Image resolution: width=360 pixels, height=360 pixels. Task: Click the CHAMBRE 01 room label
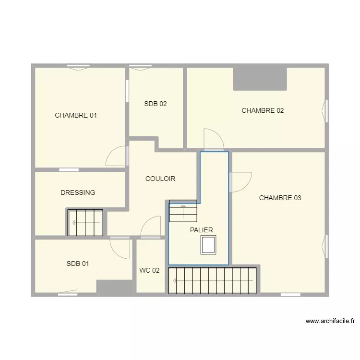(76, 115)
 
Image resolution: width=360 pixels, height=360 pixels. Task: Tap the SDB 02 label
(156, 104)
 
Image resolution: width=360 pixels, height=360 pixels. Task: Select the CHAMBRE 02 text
(263, 110)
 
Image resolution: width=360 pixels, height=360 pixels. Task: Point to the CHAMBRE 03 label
(280, 198)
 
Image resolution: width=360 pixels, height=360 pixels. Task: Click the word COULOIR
(160, 179)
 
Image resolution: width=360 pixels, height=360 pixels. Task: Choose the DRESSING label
(78, 192)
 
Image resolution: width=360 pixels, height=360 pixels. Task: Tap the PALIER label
(201, 230)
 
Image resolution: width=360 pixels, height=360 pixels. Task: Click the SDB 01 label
(78, 264)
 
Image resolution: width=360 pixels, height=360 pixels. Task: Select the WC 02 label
(149, 270)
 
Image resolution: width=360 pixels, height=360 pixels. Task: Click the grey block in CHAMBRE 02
(260, 79)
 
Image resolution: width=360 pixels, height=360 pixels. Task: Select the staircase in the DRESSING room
(85, 223)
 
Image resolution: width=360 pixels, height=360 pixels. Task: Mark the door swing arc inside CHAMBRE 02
(213, 138)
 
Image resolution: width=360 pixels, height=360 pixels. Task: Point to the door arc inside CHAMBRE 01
(116, 157)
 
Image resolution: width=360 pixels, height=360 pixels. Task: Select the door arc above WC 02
(151, 226)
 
